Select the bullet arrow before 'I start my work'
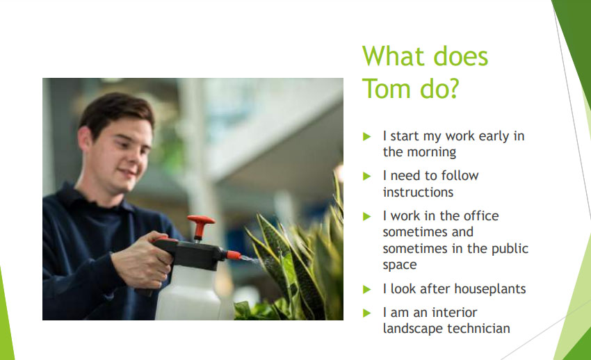367,136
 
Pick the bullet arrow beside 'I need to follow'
367,177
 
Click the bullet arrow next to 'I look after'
367,289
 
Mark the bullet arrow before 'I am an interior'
367,313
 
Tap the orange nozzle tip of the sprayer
234,255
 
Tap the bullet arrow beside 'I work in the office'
367,217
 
